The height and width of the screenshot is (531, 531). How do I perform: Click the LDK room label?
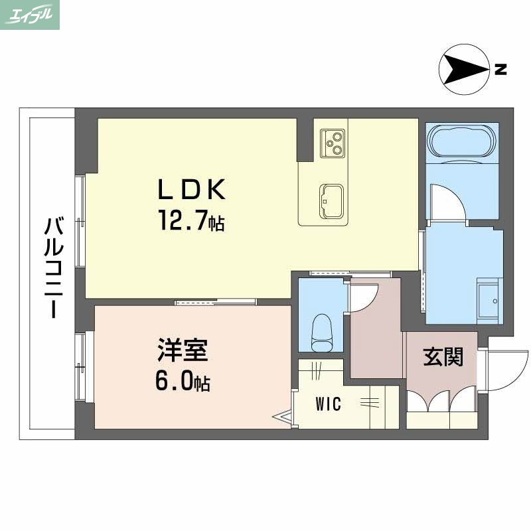191,190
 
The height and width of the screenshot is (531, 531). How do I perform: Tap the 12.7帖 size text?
190,220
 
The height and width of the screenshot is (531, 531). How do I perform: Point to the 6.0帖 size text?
184,382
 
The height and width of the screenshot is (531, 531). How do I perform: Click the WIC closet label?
328,404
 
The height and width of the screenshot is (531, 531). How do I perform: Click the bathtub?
462,141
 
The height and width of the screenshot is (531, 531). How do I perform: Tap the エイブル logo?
31,15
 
